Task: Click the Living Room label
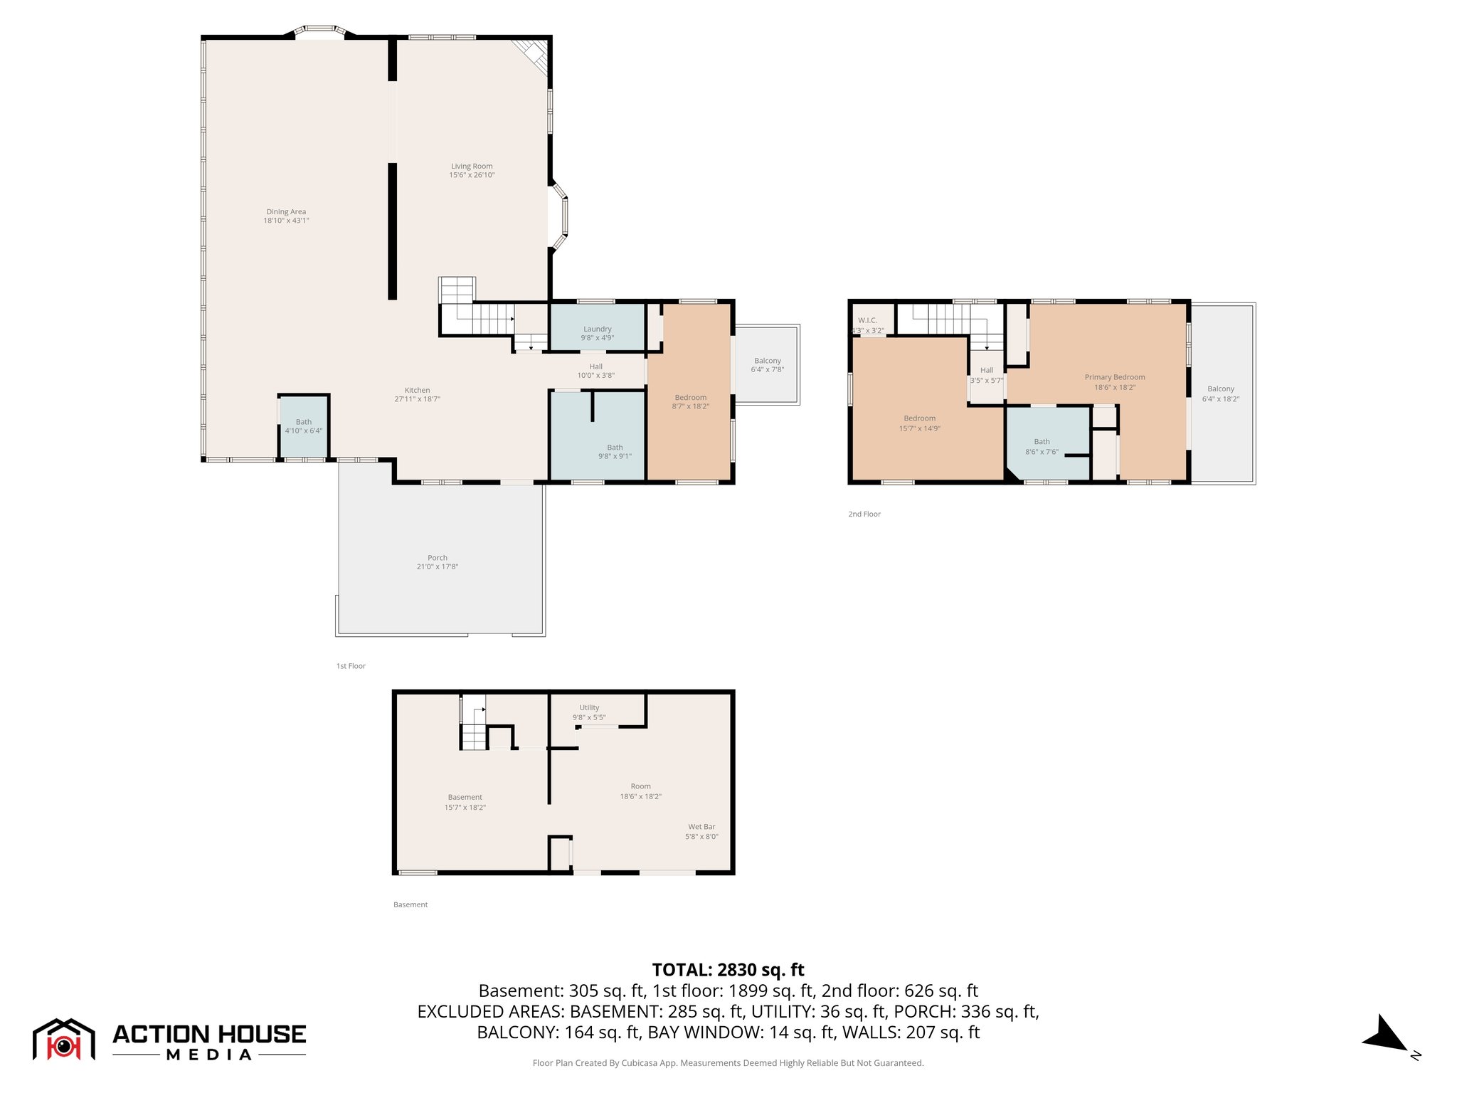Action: pyautogui.click(x=471, y=167)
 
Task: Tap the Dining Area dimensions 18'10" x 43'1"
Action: pyautogui.click(x=286, y=221)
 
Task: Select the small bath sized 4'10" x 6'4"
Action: pyautogui.click(x=304, y=426)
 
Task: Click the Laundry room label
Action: pyautogui.click(x=598, y=329)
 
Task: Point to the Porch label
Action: pyautogui.click(x=438, y=558)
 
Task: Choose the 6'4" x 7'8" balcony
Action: pyautogui.click(x=768, y=365)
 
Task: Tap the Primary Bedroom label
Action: pyautogui.click(x=1114, y=377)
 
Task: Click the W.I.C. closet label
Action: pyautogui.click(x=867, y=321)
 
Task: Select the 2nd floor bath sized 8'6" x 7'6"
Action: pyautogui.click(x=1042, y=447)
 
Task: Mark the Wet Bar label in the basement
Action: pyautogui.click(x=701, y=827)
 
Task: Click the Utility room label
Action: pyautogui.click(x=589, y=708)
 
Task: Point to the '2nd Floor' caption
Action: pyautogui.click(x=864, y=514)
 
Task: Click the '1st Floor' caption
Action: pyautogui.click(x=351, y=666)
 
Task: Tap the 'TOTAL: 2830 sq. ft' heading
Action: pyautogui.click(x=728, y=970)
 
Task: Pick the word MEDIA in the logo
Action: pyautogui.click(x=209, y=1055)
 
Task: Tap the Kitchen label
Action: pyautogui.click(x=418, y=390)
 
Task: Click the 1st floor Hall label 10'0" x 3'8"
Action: pyautogui.click(x=595, y=371)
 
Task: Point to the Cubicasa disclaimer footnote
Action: pyautogui.click(x=728, y=1063)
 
